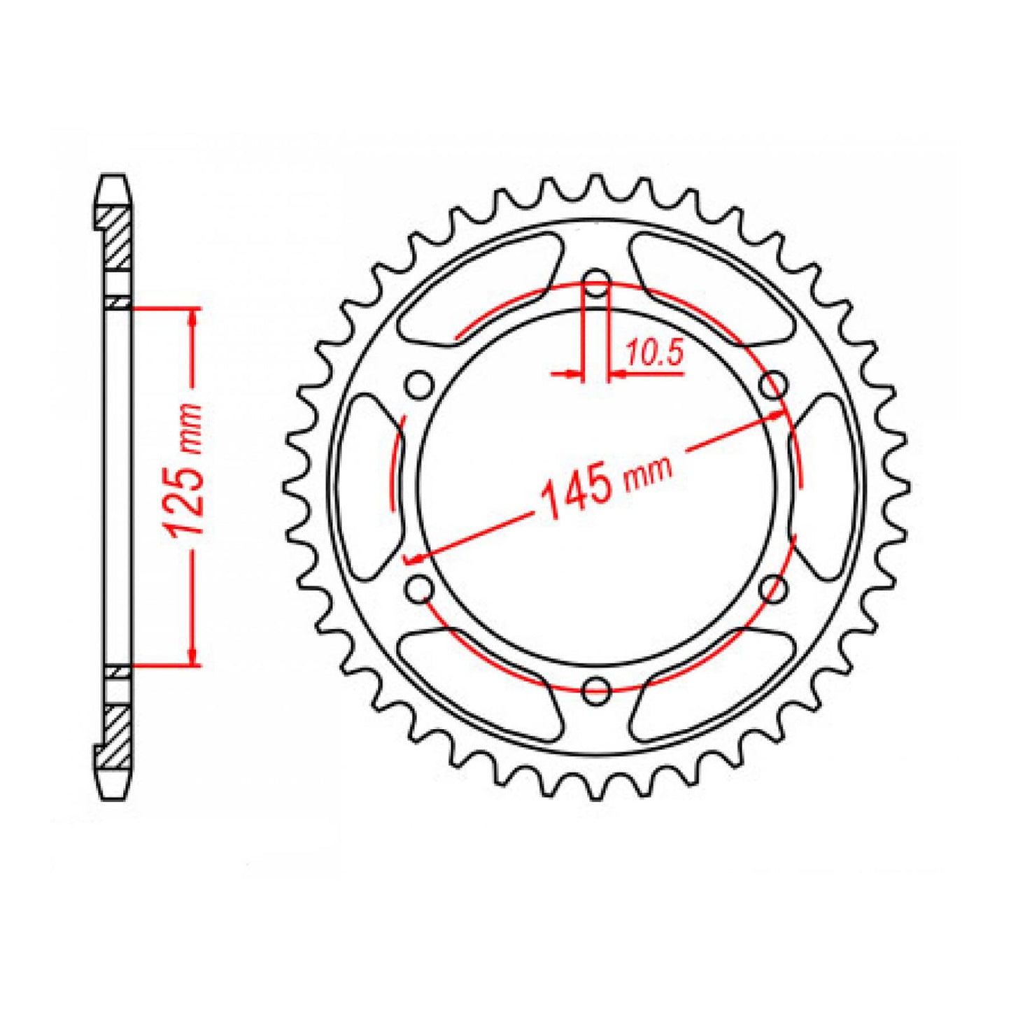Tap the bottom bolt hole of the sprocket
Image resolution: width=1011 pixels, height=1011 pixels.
(x=596, y=689)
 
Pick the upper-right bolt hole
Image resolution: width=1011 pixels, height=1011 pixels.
(x=772, y=384)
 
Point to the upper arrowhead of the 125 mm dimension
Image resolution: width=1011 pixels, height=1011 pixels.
(x=192, y=318)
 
